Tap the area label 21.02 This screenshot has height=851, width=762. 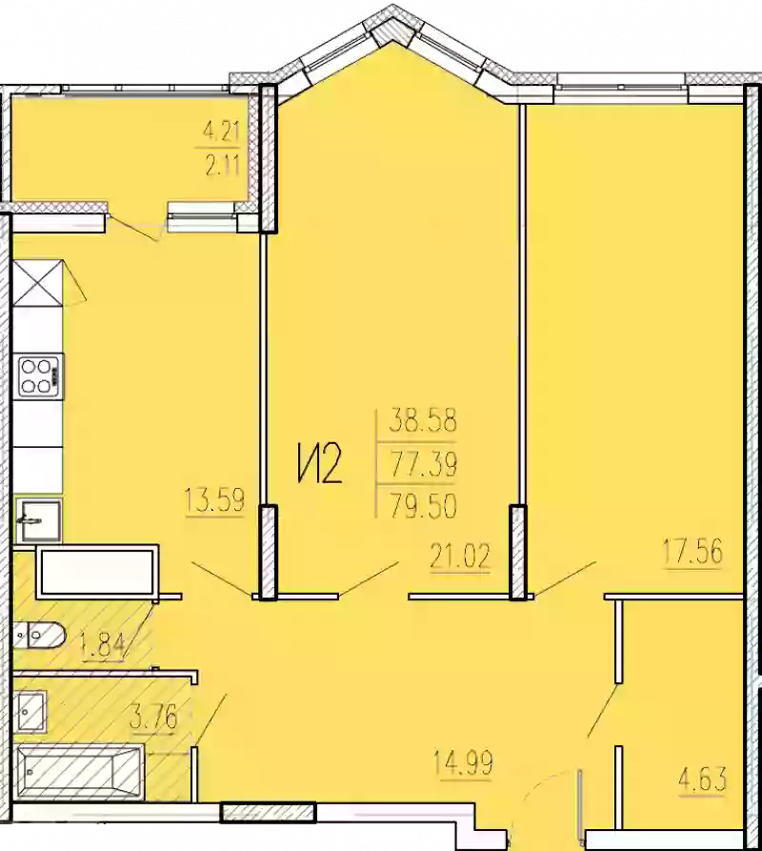pos(460,557)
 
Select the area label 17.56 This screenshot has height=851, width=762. pos(692,551)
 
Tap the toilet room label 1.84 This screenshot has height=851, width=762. pos(104,645)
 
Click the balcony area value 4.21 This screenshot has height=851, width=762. pos(218,128)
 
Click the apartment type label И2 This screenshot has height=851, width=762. pos(317,466)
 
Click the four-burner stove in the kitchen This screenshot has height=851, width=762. pos(38,374)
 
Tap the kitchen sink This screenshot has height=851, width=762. pos(37,520)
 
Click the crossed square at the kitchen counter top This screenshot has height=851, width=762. pos(38,281)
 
